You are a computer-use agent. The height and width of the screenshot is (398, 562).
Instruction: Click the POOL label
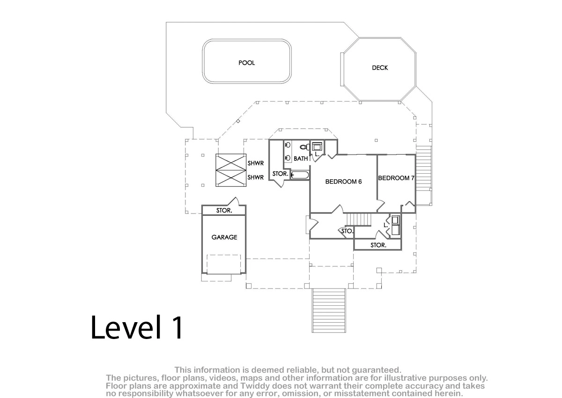pyautogui.click(x=247, y=63)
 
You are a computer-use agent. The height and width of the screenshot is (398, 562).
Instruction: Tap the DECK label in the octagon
pyautogui.click(x=380, y=68)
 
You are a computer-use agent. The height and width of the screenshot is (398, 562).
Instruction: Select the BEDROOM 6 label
pyautogui.click(x=343, y=182)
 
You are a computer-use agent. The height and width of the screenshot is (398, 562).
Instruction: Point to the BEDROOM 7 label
pyautogui.click(x=396, y=178)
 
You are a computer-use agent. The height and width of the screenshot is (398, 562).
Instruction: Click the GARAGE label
pyautogui.click(x=224, y=237)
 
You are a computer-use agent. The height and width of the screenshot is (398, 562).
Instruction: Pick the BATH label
pyautogui.click(x=301, y=159)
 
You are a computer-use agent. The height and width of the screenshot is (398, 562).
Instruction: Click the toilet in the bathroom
pyautogui.click(x=304, y=147)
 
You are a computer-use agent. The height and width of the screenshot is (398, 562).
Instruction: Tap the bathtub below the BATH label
pyautogui.click(x=300, y=175)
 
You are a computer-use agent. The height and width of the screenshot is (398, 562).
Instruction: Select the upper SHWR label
pyautogui.click(x=256, y=163)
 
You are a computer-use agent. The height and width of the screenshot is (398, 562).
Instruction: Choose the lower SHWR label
pyautogui.click(x=256, y=177)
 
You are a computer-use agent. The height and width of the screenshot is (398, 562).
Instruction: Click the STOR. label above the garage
pyautogui.click(x=224, y=210)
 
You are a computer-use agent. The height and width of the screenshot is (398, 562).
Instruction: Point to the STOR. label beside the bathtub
pyautogui.click(x=280, y=174)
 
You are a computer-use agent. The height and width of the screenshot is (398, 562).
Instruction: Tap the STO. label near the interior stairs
pyautogui.click(x=348, y=231)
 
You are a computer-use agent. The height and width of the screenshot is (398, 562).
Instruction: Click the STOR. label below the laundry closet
pyautogui.click(x=378, y=245)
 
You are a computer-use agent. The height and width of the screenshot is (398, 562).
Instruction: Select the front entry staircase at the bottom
pyautogui.click(x=329, y=311)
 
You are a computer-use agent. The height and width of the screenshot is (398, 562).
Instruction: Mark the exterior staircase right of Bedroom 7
pyautogui.click(x=423, y=175)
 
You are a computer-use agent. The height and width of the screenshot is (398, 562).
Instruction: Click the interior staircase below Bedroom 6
pyautogui.click(x=359, y=220)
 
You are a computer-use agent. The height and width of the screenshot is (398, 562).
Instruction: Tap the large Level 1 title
pyautogui.click(x=137, y=327)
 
